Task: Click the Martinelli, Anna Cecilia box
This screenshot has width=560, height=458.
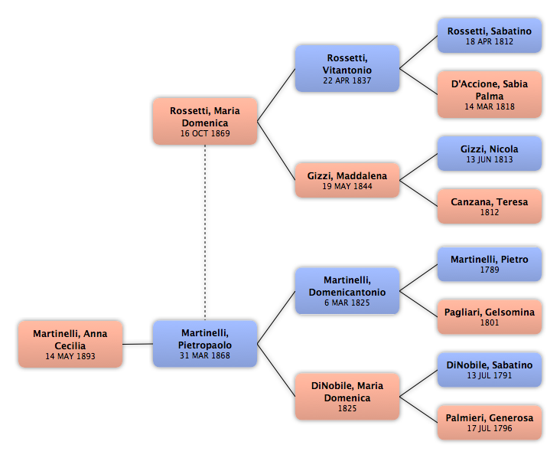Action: pos(70,344)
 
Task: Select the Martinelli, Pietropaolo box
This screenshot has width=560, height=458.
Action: pos(205,344)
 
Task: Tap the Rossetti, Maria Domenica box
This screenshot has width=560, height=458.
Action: pos(205,122)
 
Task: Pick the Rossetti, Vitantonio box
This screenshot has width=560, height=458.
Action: pos(347,69)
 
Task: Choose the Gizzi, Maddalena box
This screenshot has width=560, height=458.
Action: pos(347,180)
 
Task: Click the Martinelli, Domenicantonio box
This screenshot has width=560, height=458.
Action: pos(347,291)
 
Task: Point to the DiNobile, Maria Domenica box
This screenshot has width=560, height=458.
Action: pos(347,397)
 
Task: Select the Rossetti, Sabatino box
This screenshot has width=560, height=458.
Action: pos(490,36)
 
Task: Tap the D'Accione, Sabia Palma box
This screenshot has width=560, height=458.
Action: pos(490,94)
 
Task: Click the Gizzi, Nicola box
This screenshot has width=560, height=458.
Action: pos(490,153)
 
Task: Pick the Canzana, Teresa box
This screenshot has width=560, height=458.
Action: pos(490,206)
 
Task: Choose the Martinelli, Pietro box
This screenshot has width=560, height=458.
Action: pos(490,264)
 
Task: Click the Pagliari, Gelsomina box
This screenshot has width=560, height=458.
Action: pos(490,317)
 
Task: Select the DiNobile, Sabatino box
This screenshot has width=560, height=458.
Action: pos(490,370)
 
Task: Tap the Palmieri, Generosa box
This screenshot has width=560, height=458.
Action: pos(490,423)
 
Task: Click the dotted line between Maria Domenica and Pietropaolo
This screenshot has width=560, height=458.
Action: pos(205,233)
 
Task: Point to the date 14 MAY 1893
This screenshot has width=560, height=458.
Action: pos(70,356)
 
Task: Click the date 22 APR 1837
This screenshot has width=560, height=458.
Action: pos(347,81)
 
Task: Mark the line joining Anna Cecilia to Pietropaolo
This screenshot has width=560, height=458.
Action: pos(138,345)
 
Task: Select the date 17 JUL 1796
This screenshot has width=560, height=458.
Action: pos(490,428)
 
